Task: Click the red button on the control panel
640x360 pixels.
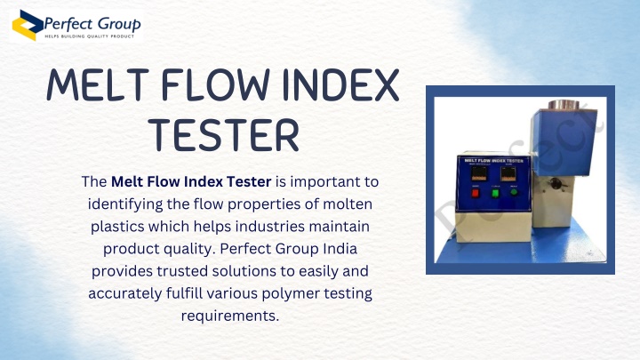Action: (x=475, y=193)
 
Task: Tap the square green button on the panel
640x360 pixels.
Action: (x=495, y=193)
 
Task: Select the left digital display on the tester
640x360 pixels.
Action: (x=479, y=173)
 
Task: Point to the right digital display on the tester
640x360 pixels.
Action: (x=508, y=174)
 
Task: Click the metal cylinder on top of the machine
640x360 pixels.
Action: (x=564, y=104)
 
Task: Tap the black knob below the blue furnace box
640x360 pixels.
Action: (x=555, y=184)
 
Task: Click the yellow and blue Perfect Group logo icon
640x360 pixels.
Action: (x=28, y=25)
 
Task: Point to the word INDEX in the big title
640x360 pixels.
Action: (x=340, y=85)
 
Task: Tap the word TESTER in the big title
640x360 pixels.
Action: (x=223, y=135)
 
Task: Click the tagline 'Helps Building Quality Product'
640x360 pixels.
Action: (x=90, y=36)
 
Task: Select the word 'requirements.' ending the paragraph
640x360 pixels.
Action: (x=230, y=316)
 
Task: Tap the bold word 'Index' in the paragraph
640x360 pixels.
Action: (x=204, y=181)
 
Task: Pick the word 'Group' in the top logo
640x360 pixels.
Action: (x=119, y=25)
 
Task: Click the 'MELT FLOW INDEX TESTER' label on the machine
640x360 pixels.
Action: (x=493, y=160)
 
